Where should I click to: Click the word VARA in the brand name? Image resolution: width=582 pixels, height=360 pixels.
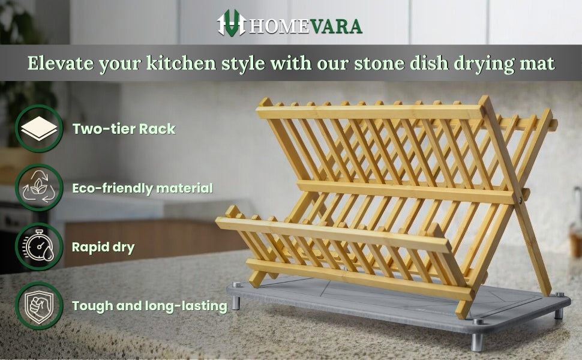(x=335, y=26)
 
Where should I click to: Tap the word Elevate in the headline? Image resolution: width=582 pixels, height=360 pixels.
(x=61, y=63)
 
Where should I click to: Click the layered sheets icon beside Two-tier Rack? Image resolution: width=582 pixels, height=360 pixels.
(x=39, y=129)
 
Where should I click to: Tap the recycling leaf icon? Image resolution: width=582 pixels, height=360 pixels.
(x=39, y=187)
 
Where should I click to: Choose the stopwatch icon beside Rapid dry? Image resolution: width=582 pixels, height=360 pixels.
(x=39, y=246)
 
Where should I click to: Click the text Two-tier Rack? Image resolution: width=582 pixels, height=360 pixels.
(x=124, y=129)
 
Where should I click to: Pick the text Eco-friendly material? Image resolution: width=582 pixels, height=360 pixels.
(x=143, y=188)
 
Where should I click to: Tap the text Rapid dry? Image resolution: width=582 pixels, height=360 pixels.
(x=103, y=247)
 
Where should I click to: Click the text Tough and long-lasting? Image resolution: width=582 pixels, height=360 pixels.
(x=149, y=306)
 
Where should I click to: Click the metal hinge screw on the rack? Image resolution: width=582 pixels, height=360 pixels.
(x=520, y=200)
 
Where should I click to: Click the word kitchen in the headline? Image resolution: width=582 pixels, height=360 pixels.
(x=181, y=63)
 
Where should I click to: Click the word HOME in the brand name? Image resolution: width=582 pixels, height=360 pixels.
(x=279, y=26)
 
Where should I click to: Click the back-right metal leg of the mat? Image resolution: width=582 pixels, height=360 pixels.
(x=559, y=313)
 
